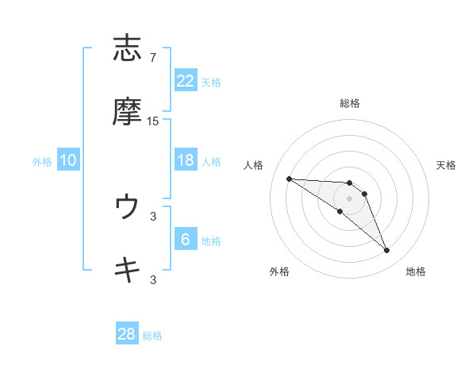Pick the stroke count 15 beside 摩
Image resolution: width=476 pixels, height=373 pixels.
click(153, 121)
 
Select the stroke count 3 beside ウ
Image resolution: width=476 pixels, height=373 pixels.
click(153, 215)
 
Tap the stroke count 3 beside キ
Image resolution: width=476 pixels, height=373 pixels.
click(153, 279)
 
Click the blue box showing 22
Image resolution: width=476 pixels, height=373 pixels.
click(186, 81)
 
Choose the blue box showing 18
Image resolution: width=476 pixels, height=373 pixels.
click(186, 160)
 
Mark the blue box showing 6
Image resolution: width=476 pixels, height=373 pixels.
click(186, 240)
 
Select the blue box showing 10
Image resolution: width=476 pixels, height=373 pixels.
click(68, 160)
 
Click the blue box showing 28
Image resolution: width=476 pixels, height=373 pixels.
click(127, 334)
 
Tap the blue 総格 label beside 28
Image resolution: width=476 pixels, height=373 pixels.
click(152, 336)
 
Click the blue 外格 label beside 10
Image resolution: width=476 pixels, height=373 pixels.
click(42, 162)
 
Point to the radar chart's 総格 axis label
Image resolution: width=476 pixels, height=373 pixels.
click(350, 103)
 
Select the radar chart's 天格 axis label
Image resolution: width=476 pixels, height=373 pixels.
click(447, 165)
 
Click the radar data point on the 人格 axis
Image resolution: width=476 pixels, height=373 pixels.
click(289, 179)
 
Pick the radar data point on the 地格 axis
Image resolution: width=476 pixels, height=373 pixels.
click(387, 251)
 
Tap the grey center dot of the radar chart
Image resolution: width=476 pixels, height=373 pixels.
click(350, 198)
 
